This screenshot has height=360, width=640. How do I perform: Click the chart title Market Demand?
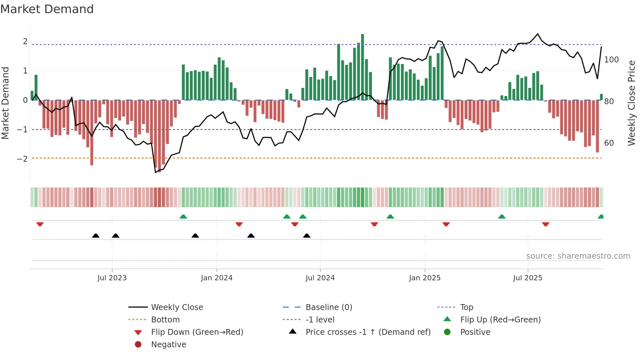[x=47, y=9]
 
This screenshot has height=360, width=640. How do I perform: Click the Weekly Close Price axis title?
[x=632, y=103]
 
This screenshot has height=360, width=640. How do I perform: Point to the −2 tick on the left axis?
[x=23, y=159]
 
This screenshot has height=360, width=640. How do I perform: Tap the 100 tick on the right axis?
[x=611, y=60]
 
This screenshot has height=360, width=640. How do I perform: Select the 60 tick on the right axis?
[x=609, y=143]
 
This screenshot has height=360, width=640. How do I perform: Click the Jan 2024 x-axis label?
[x=216, y=278]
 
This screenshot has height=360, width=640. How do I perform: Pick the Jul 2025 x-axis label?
[x=527, y=278]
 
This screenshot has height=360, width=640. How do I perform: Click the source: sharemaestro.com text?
[x=578, y=256]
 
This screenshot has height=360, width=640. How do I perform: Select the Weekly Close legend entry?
[x=177, y=307]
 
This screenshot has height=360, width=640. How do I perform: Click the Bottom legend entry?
[x=165, y=320]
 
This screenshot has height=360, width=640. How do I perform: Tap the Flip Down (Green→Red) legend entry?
[x=197, y=332]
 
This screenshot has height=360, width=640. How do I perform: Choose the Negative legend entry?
[x=168, y=345]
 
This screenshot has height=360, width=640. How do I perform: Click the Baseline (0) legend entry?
[x=328, y=307]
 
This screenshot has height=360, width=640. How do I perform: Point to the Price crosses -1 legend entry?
[x=368, y=332]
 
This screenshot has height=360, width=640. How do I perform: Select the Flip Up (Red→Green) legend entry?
[x=500, y=320]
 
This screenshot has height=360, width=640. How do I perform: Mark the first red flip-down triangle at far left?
[x=40, y=224]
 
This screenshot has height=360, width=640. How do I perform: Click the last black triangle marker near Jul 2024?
[x=307, y=236]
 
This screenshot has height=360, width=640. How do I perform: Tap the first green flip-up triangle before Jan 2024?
[x=183, y=217]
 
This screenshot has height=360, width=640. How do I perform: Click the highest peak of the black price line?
[x=538, y=34]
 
